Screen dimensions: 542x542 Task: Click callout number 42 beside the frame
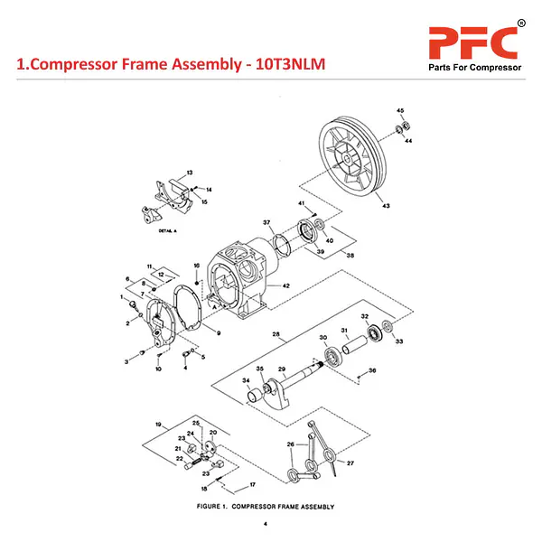tap(286, 285)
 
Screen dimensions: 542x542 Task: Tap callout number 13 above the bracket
tap(190, 172)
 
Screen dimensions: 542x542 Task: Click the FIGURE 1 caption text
tap(266, 507)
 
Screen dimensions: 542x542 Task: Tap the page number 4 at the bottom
tap(266, 525)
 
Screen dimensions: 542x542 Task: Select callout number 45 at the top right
tap(401, 109)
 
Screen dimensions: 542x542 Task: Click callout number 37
tap(266, 222)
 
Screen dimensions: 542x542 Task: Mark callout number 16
tap(196, 265)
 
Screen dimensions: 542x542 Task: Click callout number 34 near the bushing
tap(246, 382)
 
